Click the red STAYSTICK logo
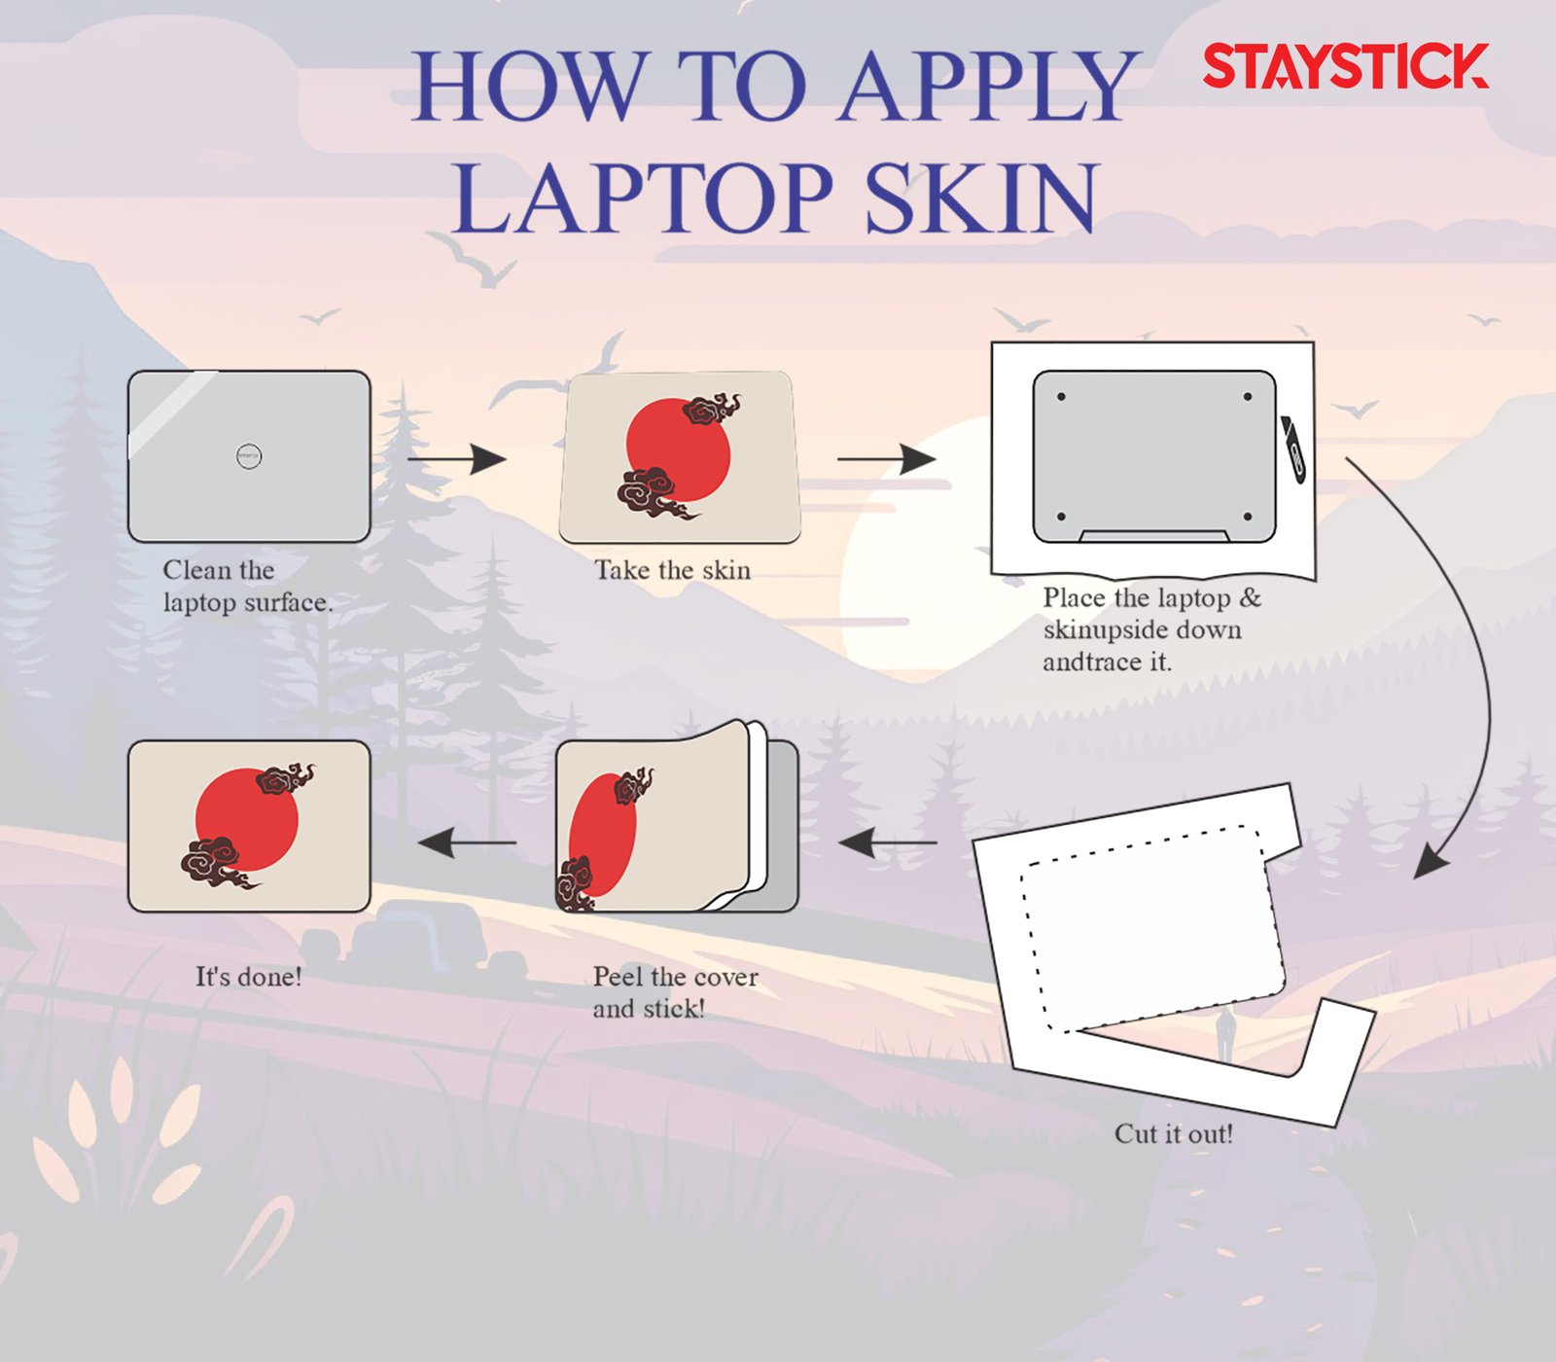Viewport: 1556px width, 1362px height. (1346, 66)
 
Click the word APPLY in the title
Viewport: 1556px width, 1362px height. (989, 87)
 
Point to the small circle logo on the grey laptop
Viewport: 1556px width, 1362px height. (249, 455)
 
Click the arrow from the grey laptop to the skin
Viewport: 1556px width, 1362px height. (457, 458)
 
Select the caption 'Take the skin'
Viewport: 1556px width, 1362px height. (673, 570)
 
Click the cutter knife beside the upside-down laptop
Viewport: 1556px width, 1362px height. (1294, 448)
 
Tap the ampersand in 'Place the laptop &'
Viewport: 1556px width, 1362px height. (1251, 596)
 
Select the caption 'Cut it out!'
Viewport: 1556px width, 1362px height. (1174, 1133)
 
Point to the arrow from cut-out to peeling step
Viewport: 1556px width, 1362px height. (888, 842)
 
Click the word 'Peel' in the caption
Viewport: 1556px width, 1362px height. (619, 976)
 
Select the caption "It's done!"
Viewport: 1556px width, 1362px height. (249, 976)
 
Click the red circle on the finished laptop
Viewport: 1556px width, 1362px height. (247, 819)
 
